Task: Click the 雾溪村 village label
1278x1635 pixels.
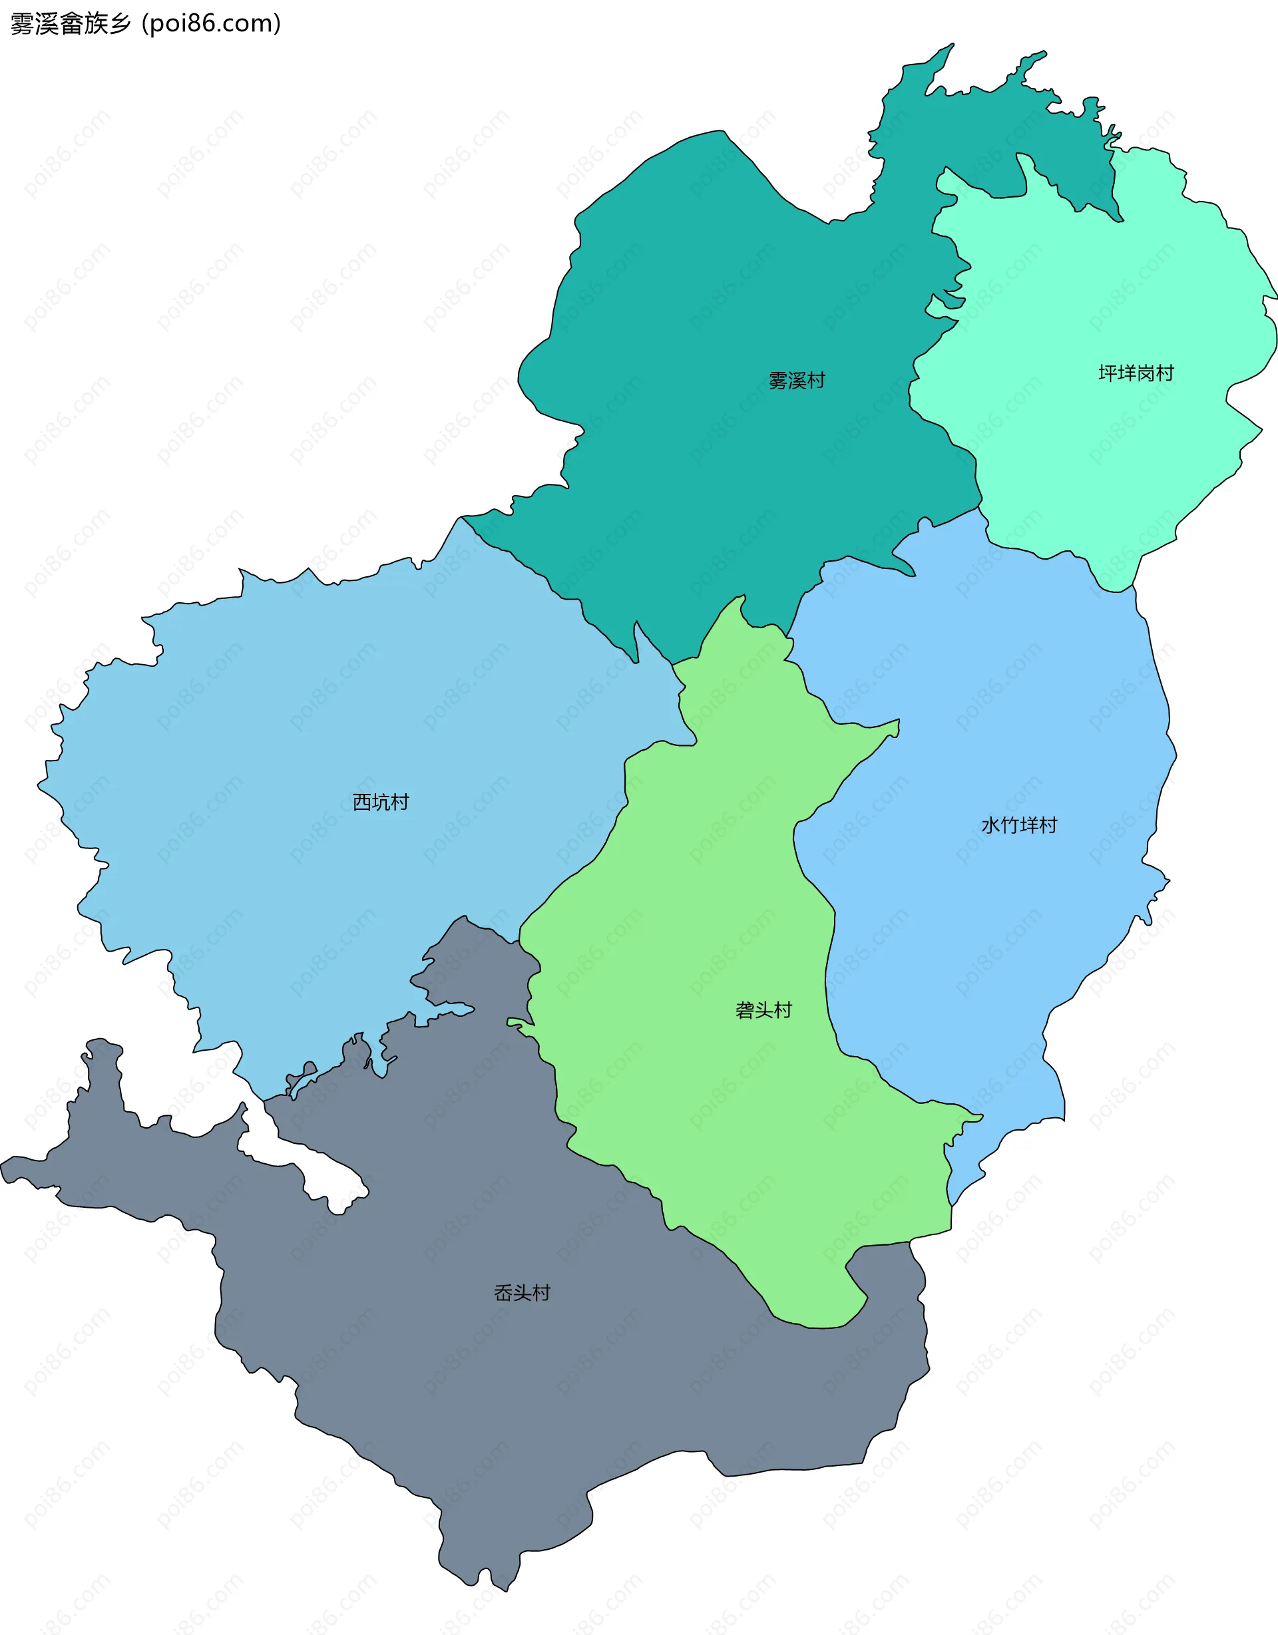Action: pos(797,381)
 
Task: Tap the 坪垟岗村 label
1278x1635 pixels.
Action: pos(1136,373)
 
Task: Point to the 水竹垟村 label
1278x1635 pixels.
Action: pos(1019,826)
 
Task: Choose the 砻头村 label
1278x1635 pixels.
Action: pos(763,1011)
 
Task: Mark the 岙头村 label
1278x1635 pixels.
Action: pos(523,1293)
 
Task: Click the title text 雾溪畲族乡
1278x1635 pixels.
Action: pos(71,24)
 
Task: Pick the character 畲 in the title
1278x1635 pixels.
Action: pos(71,24)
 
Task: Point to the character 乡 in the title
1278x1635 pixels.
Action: pos(120,24)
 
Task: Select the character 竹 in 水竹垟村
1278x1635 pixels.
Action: pos(1009,826)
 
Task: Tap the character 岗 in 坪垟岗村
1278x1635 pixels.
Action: pos(1146,373)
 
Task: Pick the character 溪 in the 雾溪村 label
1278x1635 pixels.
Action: pos(797,381)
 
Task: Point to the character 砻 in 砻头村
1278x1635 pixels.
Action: pos(745,1011)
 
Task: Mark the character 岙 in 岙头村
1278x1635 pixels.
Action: pos(504,1293)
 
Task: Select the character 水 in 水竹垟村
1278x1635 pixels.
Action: pos(990,826)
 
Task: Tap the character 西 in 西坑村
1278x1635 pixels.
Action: pos(362,803)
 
